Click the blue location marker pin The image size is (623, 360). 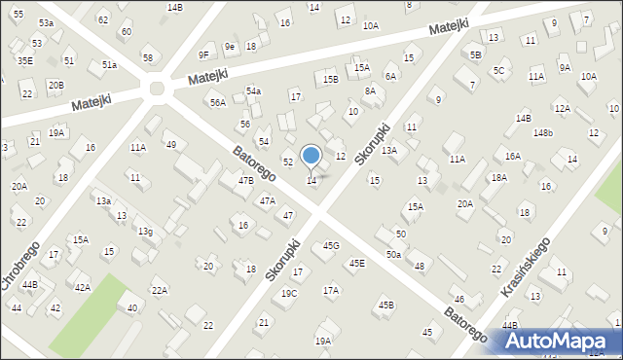[x=311, y=157]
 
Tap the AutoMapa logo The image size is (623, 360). [x=559, y=341]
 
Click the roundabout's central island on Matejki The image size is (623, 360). [x=156, y=91]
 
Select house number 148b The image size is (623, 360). [x=542, y=132]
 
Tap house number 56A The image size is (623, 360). [x=217, y=102]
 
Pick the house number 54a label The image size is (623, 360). [x=253, y=90]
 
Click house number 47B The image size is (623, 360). [x=246, y=180]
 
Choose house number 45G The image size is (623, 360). [x=331, y=245]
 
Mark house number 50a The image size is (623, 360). [x=392, y=254]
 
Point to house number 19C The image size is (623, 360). [x=289, y=293]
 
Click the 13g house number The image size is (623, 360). [x=145, y=231]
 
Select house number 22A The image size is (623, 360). [x=160, y=290]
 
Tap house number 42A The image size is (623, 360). [x=83, y=287]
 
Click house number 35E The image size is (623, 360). [x=24, y=60]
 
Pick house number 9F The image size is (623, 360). [x=203, y=54]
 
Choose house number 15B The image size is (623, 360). [x=331, y=79]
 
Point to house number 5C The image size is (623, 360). [x=498, y=70]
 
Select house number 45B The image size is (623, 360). [x=386, y=306]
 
